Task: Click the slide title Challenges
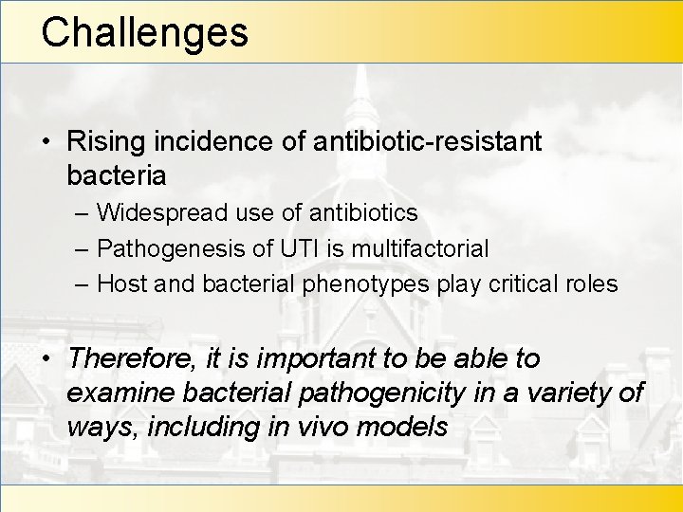tap(144, 31)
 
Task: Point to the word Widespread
tap(162, 213)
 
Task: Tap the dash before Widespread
tap(82, 213)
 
